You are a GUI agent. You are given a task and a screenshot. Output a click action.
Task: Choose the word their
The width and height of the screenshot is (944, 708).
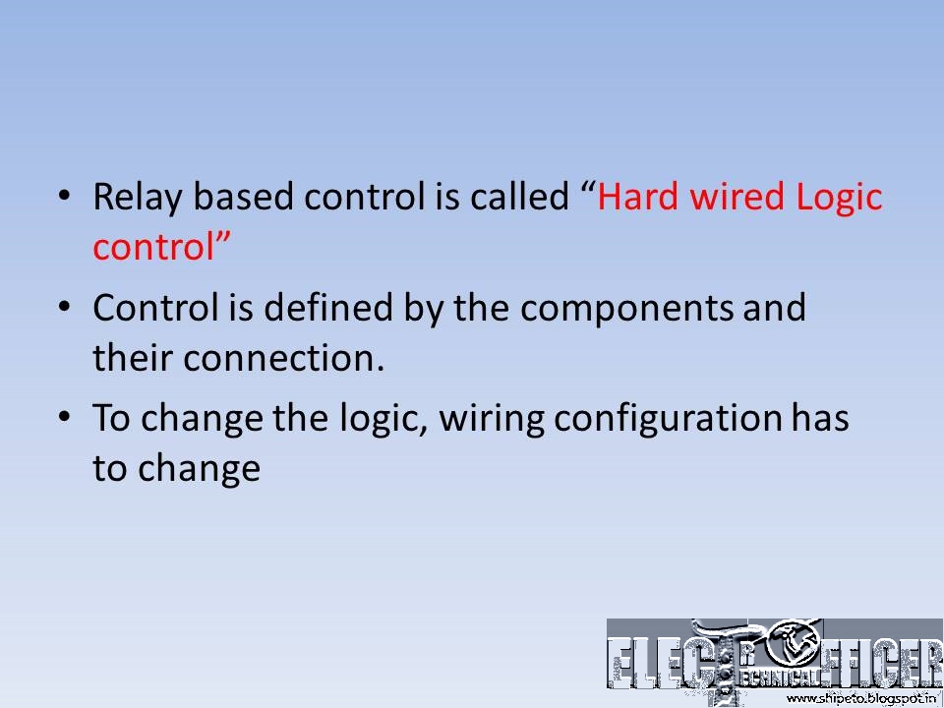(x=133, y=358)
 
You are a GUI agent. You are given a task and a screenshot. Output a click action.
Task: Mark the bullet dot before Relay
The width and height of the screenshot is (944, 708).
(x=65, y=198)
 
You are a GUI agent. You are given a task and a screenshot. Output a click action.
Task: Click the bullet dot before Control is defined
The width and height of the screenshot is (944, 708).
(x=65, y=308)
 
